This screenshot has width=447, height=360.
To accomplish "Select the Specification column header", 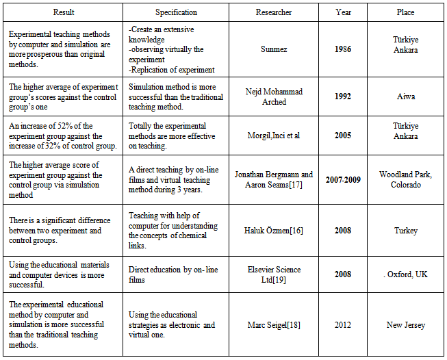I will (x=176, y=12).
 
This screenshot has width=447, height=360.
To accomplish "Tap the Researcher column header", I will (x=274, y=12).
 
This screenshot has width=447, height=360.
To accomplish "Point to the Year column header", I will (x=344, y=12).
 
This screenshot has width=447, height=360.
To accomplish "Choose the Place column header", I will (x=405, y=12).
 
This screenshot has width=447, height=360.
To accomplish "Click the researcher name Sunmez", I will (x=274, y=50).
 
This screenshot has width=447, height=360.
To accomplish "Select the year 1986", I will (x=344, y=50).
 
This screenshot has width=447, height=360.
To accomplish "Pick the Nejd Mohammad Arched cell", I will (x=274, y=97).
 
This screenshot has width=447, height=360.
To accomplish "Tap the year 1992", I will (x=344, y=97).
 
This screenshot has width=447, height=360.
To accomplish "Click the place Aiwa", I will (x=405, y=97).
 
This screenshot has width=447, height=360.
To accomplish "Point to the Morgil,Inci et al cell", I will (x=274, y=136).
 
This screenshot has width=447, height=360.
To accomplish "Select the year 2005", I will (x=344, y=136).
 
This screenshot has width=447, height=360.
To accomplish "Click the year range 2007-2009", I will (x=344, y=179).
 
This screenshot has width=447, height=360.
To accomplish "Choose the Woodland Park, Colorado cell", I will (x=405, y=179).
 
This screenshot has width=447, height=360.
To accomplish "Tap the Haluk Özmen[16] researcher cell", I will (x=274, y=231).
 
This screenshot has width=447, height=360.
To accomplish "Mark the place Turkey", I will (x=405, y=231).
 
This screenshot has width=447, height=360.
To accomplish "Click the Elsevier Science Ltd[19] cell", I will (x=274, y=274).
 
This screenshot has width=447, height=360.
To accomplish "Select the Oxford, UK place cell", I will (x=405, y=274).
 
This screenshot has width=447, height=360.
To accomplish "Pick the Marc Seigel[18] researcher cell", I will (x=274, y=324).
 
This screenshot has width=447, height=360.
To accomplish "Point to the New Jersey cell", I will (x=405, y=324).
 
